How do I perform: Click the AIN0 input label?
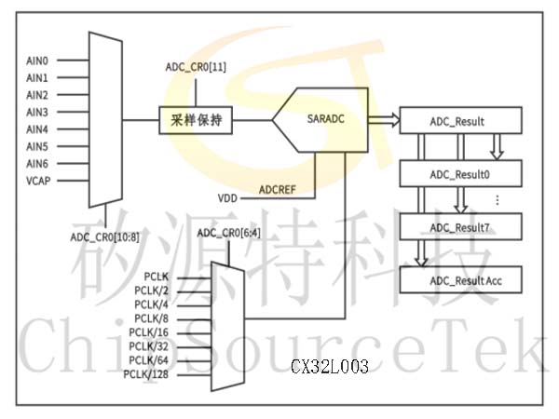[37, 61]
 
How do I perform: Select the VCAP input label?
[38, 181]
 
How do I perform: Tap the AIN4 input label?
[37, 129]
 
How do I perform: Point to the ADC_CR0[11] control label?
[196, 67]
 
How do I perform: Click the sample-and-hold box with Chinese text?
[196, 120]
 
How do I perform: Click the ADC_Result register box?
[460, 120]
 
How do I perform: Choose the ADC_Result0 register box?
[460, 173]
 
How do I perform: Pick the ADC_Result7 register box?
[460, 226]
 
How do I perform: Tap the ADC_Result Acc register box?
[460, 279]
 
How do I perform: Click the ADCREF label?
[278, 190]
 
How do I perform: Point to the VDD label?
[227, 198]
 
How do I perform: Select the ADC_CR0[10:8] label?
[104, 237]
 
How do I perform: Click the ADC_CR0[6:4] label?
[229, 233]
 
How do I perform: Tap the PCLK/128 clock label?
[146, 374]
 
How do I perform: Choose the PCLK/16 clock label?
[149, 332]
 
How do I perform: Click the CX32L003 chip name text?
[330, 366]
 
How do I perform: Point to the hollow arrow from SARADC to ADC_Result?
[384, 120]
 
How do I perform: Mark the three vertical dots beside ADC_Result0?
[498, 200]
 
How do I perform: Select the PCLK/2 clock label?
[151, 291]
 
